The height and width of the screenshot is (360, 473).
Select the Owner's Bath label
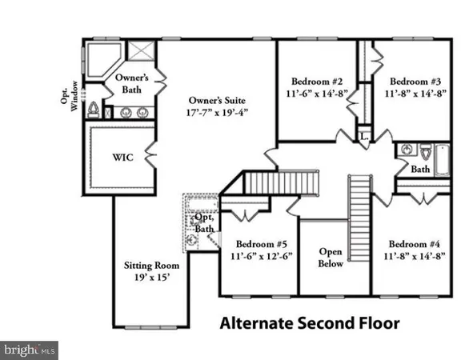pos(130,82)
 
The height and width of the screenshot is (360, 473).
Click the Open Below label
pos(331,255)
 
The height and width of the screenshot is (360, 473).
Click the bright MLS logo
pos(30,349)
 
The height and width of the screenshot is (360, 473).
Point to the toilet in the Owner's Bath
pos(95,109)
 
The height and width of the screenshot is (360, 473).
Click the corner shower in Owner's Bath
pos(99,59)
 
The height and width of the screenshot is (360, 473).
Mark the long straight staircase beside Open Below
pos(359,203)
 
